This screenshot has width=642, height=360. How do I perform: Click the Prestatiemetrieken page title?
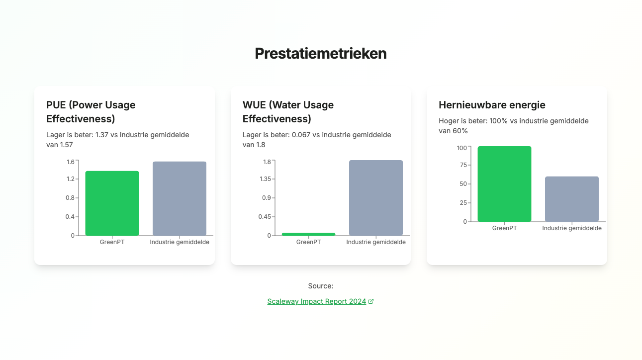(320, 54)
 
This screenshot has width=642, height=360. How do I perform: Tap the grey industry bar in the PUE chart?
(180, 198)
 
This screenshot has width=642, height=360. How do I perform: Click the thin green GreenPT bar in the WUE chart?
(308, 234)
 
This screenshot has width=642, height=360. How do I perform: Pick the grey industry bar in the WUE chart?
(375, 197)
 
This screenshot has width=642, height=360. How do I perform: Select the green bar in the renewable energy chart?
(504, 183)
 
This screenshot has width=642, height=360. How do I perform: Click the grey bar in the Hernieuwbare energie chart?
(572, 199)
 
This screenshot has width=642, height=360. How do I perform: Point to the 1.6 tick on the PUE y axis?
(71, 162)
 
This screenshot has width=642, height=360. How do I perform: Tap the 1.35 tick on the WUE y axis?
(265, 179)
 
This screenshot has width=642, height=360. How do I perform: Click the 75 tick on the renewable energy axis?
(463, 165)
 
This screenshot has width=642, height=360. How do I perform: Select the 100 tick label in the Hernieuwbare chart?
(462, 148)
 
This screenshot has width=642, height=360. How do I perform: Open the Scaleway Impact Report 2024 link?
(317, 301)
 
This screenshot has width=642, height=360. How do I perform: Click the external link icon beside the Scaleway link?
(371, 301)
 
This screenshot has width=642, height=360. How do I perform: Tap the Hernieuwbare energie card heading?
(492, 105)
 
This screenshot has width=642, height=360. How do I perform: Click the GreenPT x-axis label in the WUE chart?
(308, 242)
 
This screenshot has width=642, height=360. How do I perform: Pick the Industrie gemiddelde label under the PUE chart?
(180, 242)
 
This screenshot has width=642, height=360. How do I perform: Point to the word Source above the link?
(320, 286)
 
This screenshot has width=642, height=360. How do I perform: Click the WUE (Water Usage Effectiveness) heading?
(288, 112)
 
